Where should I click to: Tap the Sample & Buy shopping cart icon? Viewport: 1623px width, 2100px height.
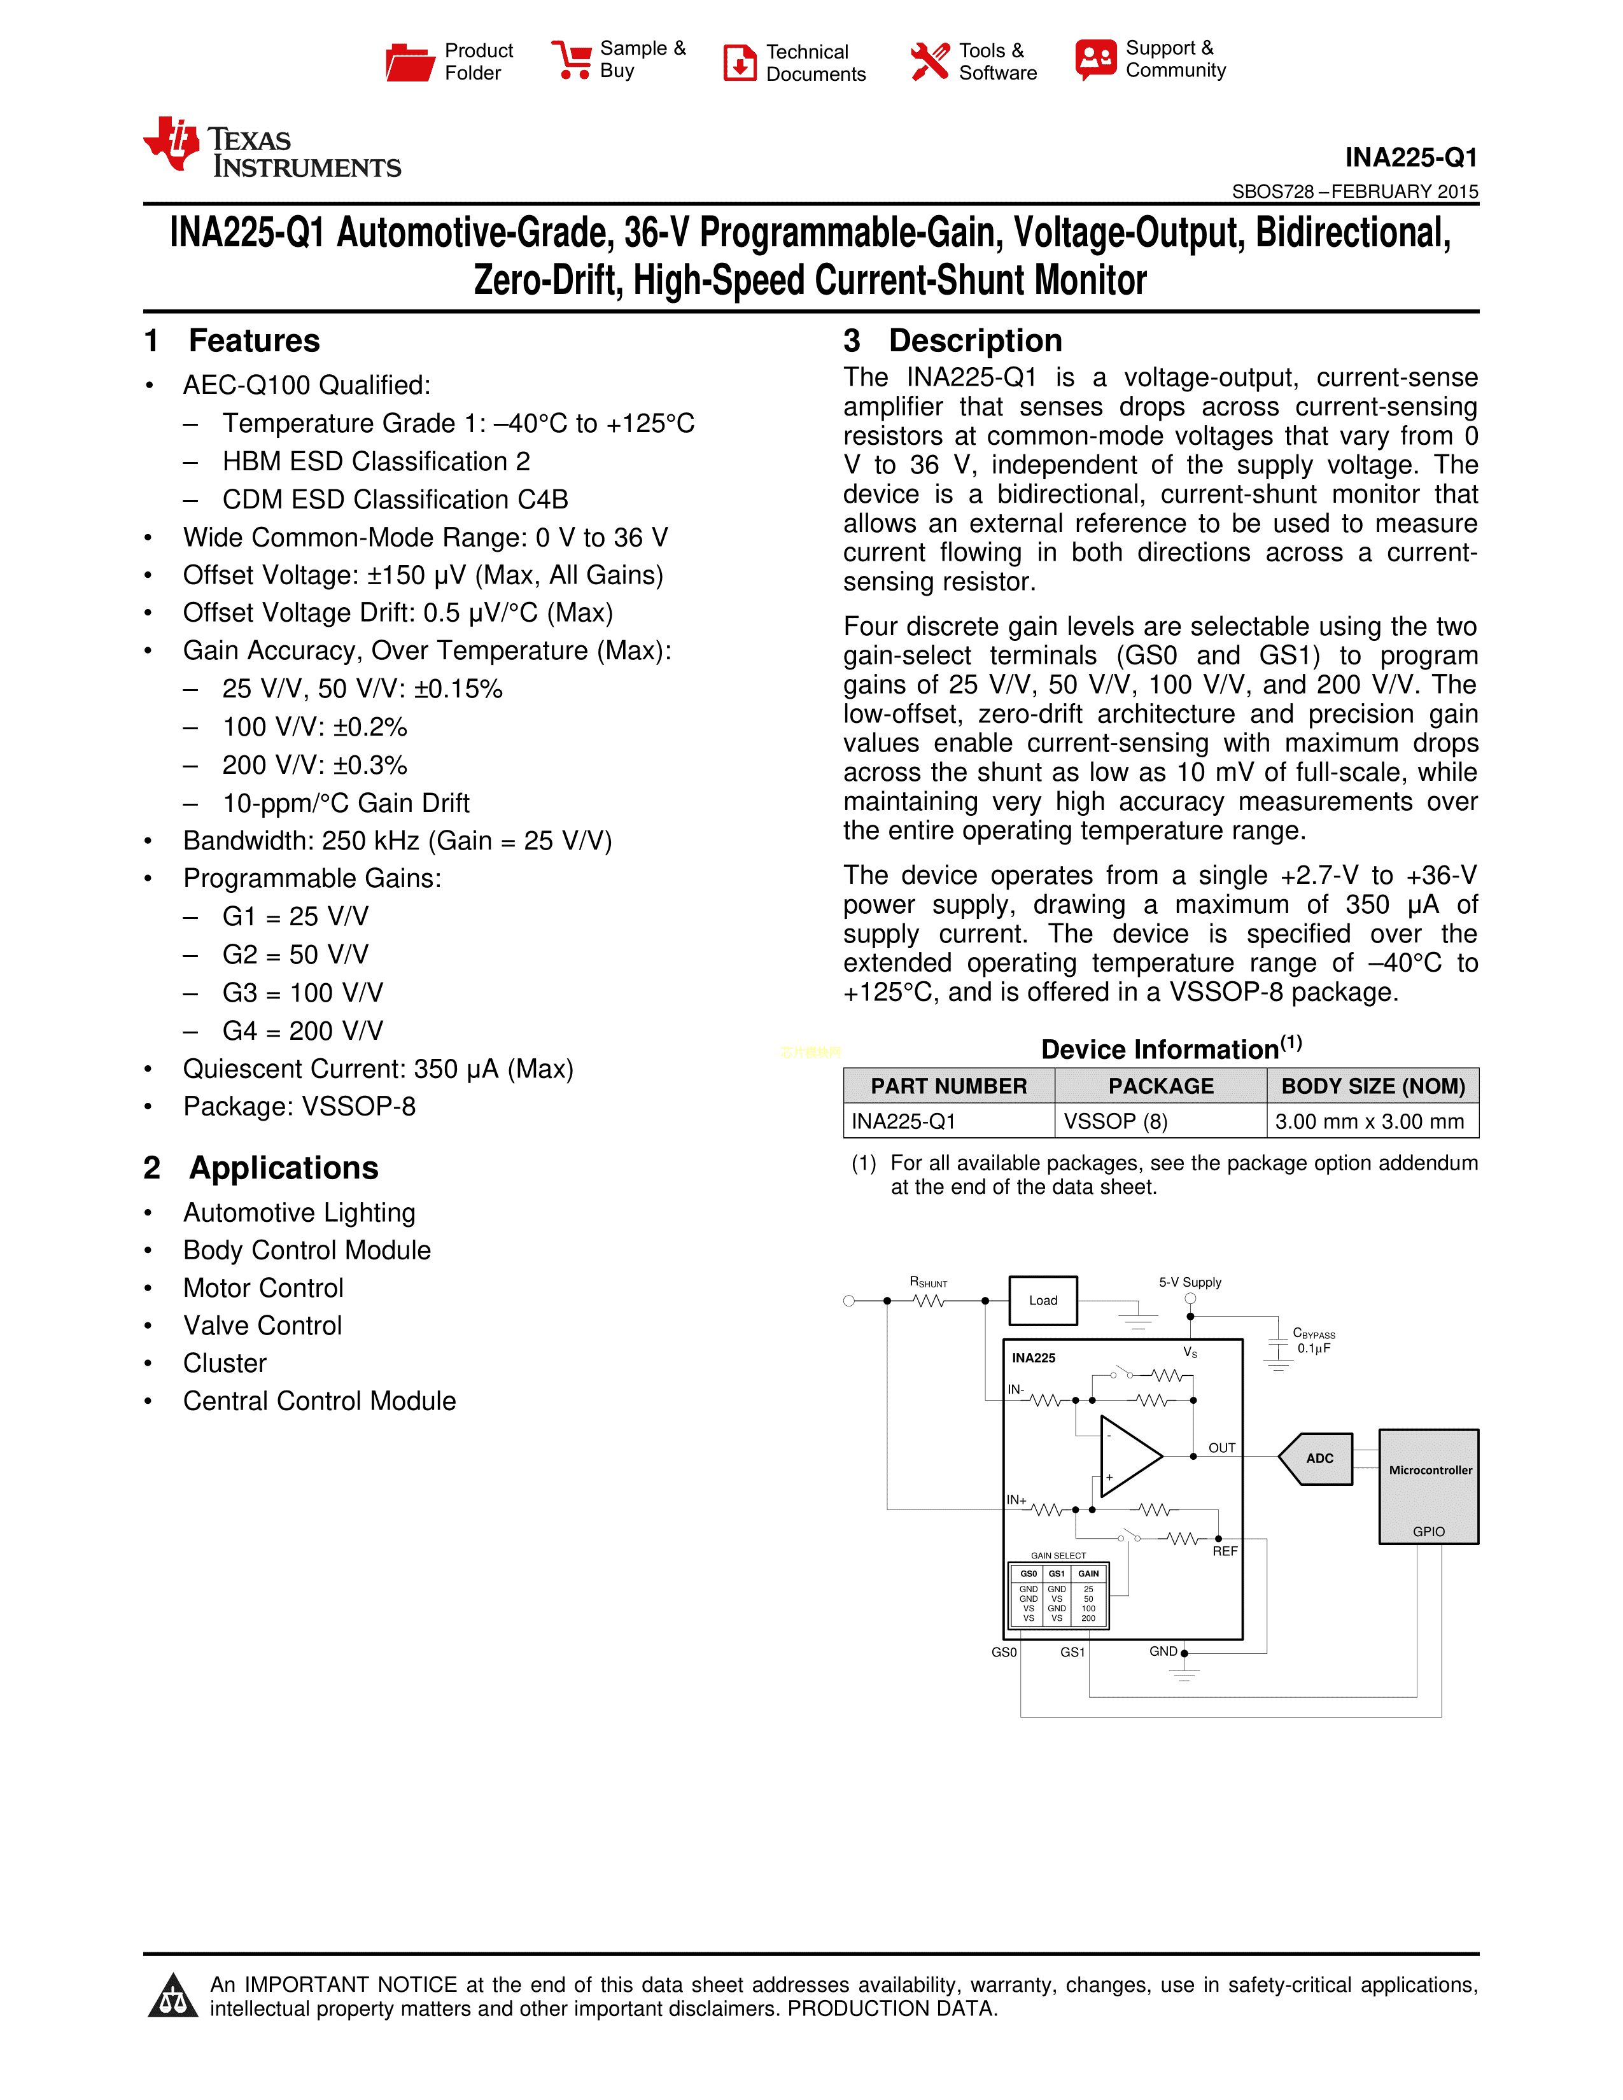point(572,60)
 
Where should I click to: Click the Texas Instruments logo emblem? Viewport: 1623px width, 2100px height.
point(171,144)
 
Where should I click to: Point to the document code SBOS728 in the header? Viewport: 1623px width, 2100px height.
point(1272,192)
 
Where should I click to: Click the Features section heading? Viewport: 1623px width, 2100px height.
point(254,341)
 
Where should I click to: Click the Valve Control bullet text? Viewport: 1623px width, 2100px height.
point(262,1325)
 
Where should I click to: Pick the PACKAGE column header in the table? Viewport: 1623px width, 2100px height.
point(1160,1086)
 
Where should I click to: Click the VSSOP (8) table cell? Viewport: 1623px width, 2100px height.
point(1115,1121)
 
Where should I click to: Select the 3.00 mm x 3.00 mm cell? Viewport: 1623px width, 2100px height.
point(1369,1121)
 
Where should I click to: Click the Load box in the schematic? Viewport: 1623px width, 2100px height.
point(1043,1301)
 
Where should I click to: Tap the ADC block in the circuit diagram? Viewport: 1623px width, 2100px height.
point(1317,1459)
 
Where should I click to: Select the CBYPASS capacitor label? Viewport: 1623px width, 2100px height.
point(1314,1334)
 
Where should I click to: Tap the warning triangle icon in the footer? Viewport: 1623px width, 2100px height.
point(173,1996)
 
